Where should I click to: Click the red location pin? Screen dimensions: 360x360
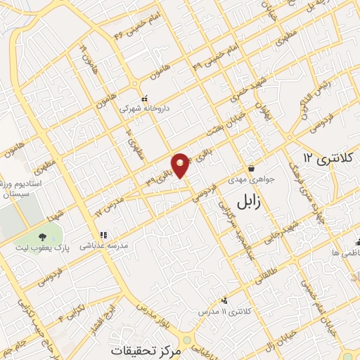pos(181,165)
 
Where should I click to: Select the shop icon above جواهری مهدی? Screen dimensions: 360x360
pos(252,168)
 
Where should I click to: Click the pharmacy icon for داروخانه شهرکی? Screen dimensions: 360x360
pos(145,98)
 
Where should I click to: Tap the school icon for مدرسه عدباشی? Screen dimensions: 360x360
pos(103,235)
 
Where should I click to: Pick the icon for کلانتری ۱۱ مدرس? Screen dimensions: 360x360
pos(224,300)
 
